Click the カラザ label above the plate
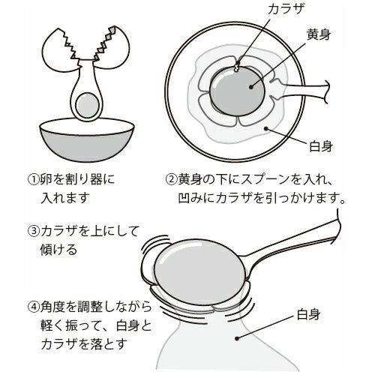pos(286,9)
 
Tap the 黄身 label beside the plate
pos(319,35)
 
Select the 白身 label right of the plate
pos(321,146)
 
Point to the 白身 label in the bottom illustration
pos(308,314)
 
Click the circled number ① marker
pos(34,179)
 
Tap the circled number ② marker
pos(172,179)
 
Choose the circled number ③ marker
pos(34,231)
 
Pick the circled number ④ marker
pos(34,307)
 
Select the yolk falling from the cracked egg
pos(88,105)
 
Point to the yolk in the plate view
pos(237,91)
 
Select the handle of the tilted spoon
pos(292,238)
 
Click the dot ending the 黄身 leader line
pos(251,87)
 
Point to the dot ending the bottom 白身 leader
pos(236,338)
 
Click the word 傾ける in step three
pos(58,249)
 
